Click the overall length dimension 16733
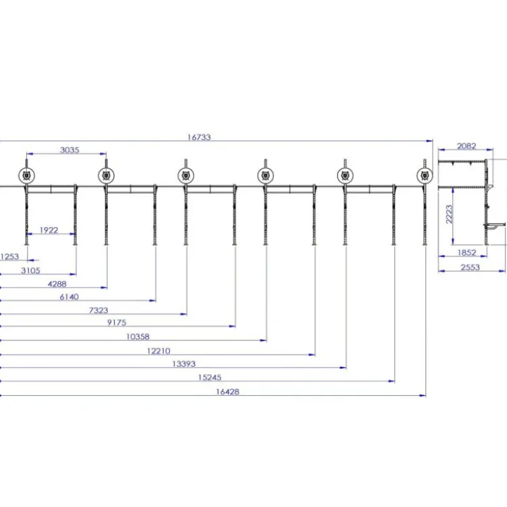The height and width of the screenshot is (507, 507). point(199,137)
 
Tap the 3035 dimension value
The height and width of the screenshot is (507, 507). point(69,150)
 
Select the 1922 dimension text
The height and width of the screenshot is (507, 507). point(49,230)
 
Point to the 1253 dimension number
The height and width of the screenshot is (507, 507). point(9,257)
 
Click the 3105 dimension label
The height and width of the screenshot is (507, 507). point(31,270)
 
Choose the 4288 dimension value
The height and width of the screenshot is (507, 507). point(57,285)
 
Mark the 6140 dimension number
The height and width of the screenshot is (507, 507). point(69,297)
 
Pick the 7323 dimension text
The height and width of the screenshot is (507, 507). point(98,310)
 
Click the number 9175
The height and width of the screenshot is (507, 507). point(117,323)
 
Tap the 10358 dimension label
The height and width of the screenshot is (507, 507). point(138,337)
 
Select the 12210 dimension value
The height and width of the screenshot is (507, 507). point(158,351)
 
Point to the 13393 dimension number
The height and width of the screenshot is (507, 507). point(183,364)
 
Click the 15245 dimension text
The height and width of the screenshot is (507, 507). point(210,378)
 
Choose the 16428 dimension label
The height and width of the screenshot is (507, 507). point(228,392)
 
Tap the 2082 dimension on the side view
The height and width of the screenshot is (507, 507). point(467,146)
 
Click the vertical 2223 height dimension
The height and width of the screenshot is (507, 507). point(449,214)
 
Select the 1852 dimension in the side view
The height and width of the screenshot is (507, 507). point(467,253)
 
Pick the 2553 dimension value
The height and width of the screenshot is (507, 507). point(470,268)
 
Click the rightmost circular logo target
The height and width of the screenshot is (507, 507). point(425,175)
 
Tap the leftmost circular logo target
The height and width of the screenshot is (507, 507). point(26,175)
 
